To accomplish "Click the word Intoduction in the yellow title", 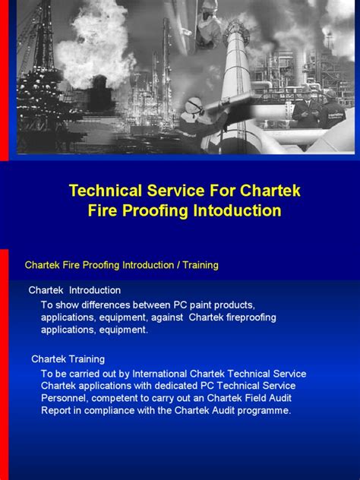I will click(x=237, y=210).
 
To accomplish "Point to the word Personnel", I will click(x=65, y=398).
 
